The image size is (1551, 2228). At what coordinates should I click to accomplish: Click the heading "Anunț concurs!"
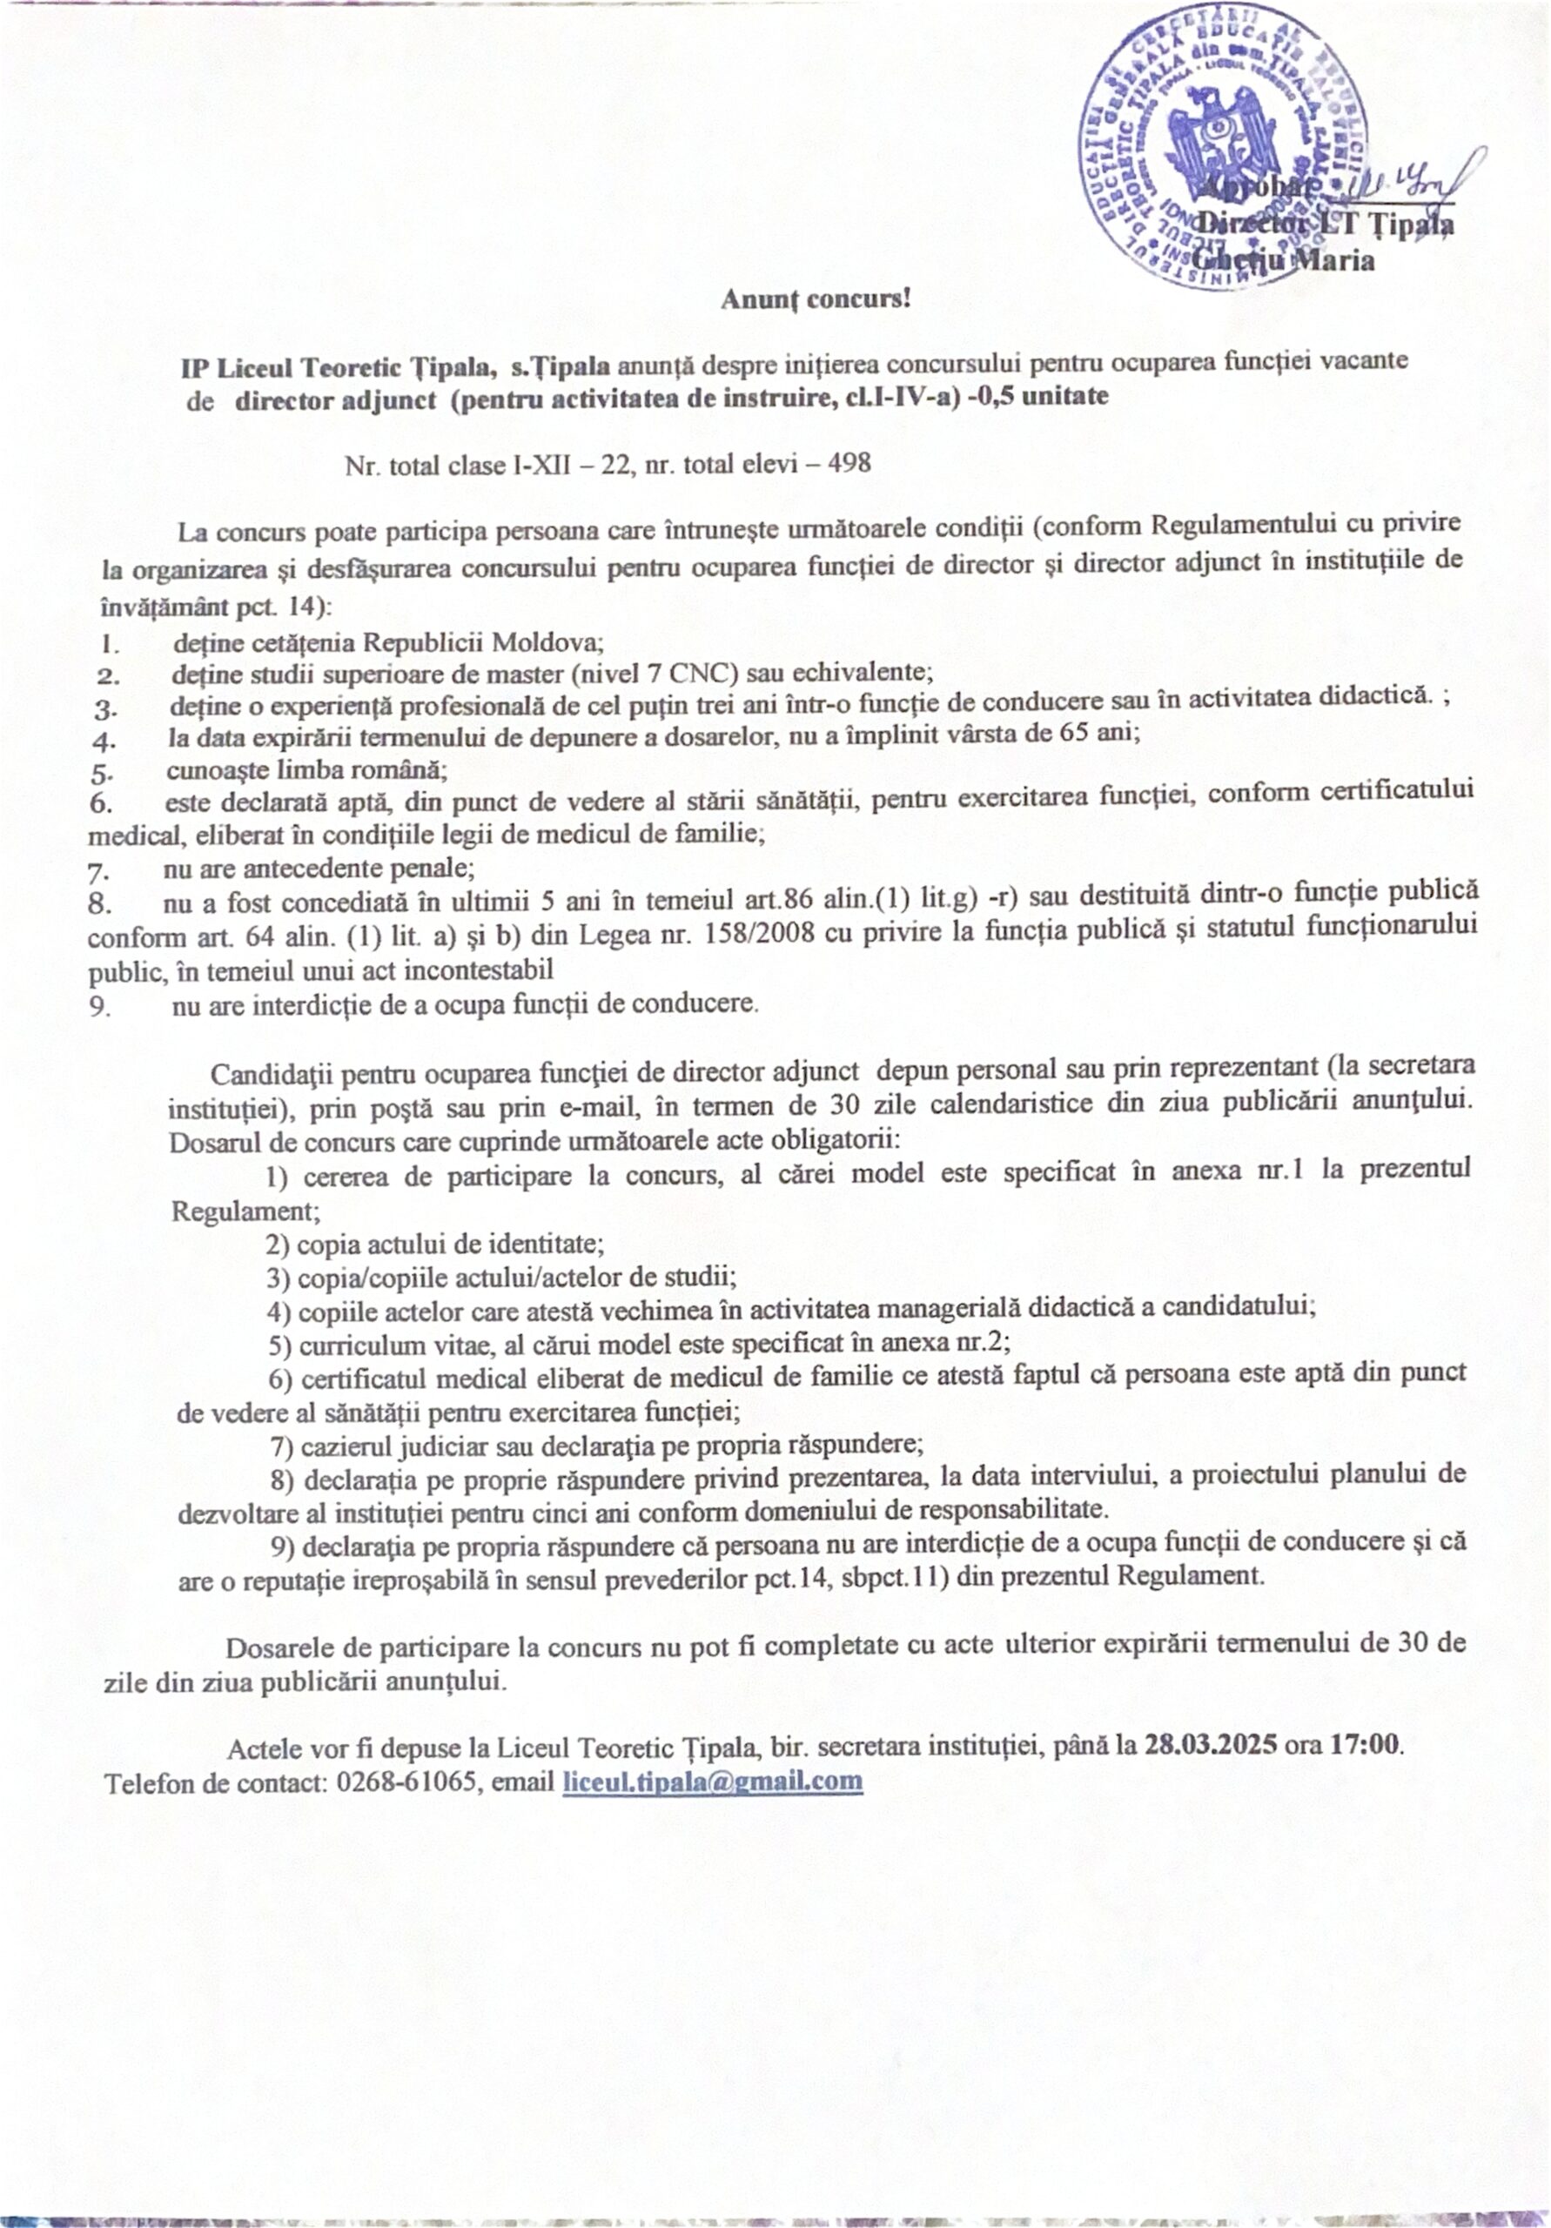pos(816,298)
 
